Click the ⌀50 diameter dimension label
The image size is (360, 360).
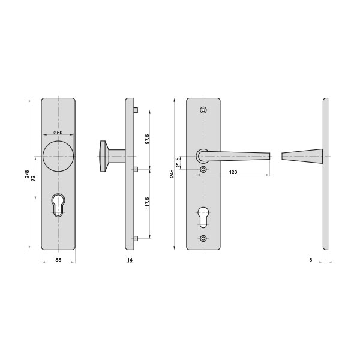point(58,133)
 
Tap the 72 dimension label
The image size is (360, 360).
point(33,178)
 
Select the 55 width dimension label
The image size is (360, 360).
point(59,260)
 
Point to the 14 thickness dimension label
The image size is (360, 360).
point(130,260)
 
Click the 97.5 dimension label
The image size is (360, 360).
point(147,139)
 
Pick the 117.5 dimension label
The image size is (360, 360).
point(147,203)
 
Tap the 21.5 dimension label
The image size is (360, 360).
point(178,162)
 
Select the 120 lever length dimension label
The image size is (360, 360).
point(233,172)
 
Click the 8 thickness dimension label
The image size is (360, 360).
point(311,260)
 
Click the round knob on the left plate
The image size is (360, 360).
point(58,156)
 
